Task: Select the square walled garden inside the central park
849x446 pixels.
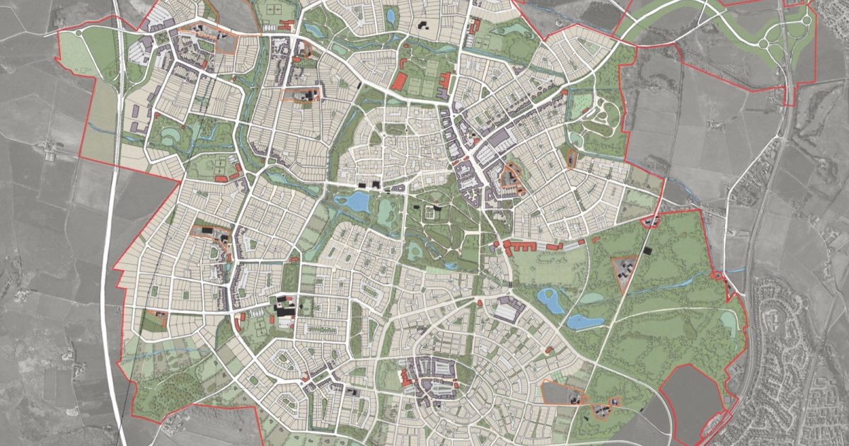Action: (x=429, y=212)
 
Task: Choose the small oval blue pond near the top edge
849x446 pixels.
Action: (x=391, y=16)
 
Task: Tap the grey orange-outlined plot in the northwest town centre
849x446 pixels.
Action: (x=225, y=42)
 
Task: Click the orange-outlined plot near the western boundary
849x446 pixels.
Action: (x=156, y=319)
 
